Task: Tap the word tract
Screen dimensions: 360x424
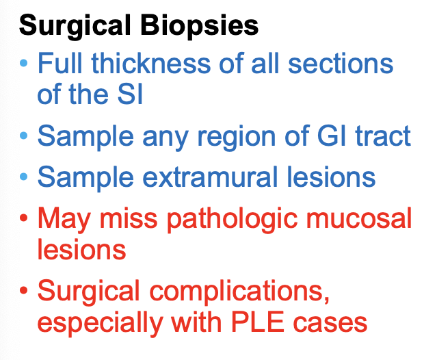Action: pos(379,136)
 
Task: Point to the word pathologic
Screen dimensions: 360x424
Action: pos(235,220)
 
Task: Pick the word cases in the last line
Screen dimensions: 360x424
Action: pos(335,322)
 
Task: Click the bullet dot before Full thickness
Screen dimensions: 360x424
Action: pos(25,64)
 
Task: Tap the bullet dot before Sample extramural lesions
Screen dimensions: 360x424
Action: pos(25,178)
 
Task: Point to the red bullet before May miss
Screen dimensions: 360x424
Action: pos(25,220)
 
